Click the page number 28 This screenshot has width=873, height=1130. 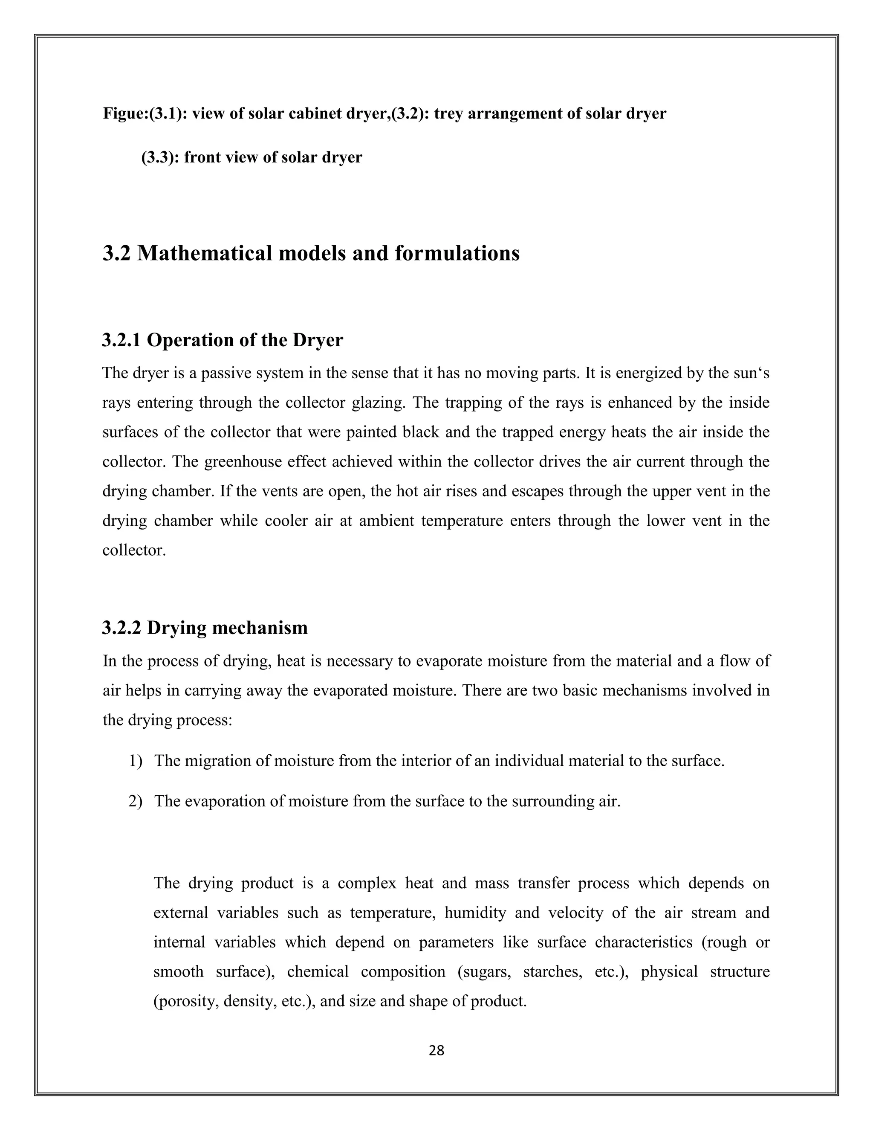click(x=436, y=1050)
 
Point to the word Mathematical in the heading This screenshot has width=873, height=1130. click(x=205, y=254)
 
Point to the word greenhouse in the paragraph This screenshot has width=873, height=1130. click(x=240, y=461)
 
